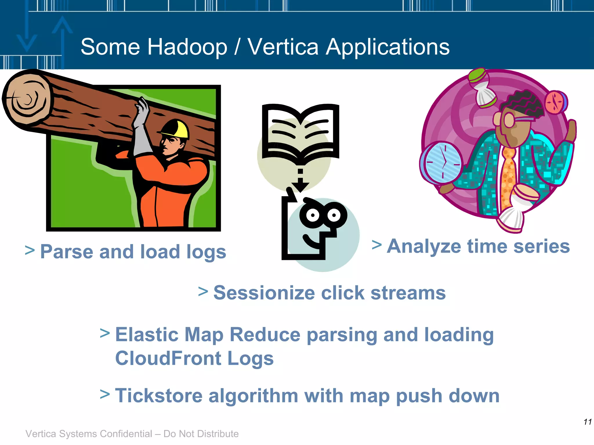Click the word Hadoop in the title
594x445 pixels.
click(x=187, y=47)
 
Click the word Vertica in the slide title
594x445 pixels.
click(x=283, y=47)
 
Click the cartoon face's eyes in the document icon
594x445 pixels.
click(x=323, y=215)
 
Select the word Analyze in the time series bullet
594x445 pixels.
click(x=424, y=247)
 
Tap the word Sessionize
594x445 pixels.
click(x=264, y=293)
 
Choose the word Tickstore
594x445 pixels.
click(x=158, y=396)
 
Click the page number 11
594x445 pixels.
click(x=588, y=422)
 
